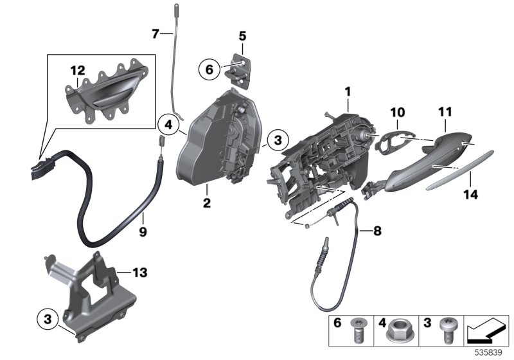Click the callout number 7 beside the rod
[155, 33]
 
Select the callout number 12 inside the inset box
[78, 70]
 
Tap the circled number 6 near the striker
[209, 69]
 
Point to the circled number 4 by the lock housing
[168, 125]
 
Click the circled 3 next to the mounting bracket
[48, 319]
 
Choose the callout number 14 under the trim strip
[471, 194]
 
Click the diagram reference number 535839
[488, 353]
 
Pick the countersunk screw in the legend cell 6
[356, 330]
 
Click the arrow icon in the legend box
[486, 330]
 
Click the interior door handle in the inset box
[107, 91]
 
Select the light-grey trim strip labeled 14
[459, 170]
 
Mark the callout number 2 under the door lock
[207, 203]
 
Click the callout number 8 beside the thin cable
[377, 231]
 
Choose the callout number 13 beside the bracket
[139, 272]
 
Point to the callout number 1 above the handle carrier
[348, 92]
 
